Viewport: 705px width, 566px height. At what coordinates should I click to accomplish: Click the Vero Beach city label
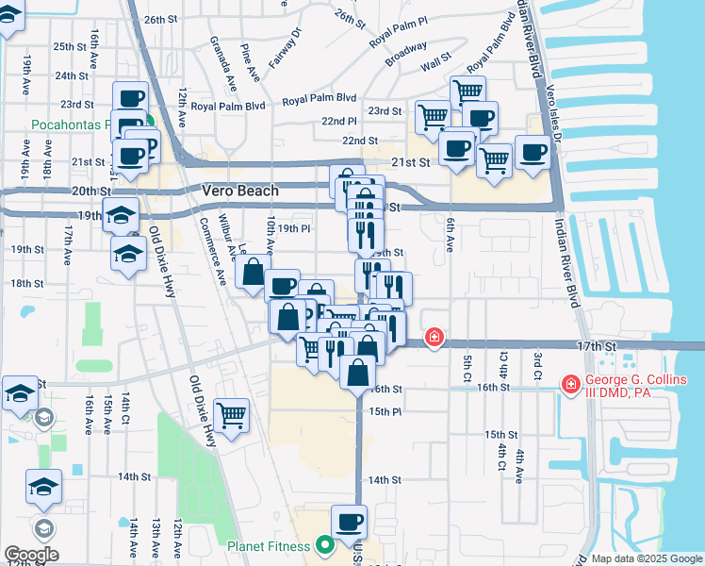click(x=240, y=191)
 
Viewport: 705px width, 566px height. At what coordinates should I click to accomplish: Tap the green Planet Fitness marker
click(x=326, y=545)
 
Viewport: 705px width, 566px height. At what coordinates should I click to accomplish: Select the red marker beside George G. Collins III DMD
click(x=569, y=384)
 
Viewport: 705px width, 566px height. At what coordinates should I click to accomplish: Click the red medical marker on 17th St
click(x=434, y=337)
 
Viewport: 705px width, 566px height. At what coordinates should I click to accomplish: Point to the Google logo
click(x=30, y=555)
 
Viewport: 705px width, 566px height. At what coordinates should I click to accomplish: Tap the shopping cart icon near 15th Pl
click(x=231, y=414)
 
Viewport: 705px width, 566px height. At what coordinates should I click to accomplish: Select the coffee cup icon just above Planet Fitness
click(x=350, y=521)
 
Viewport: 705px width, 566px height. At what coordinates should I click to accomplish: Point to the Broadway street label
click(x=405, y=54)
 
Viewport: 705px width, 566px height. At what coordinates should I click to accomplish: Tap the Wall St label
click(x=435, y=63)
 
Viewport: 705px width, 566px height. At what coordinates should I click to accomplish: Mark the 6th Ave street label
click(x=451, y=236)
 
